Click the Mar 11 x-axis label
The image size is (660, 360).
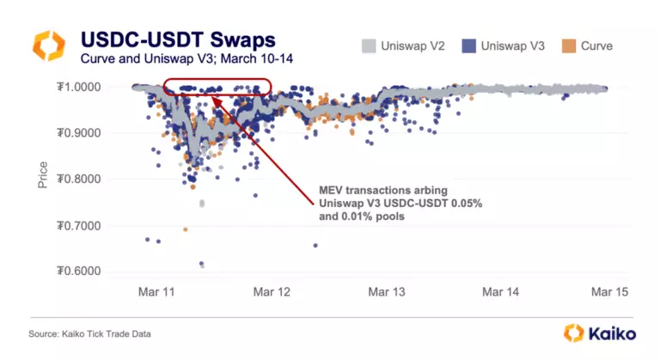coord(156,292)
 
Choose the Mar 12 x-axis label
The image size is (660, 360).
coord(272,292)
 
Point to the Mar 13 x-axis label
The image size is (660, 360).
coord(386,292)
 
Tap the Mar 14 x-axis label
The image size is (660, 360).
coord(500,292)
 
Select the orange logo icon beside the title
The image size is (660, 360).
coord(49,47)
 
